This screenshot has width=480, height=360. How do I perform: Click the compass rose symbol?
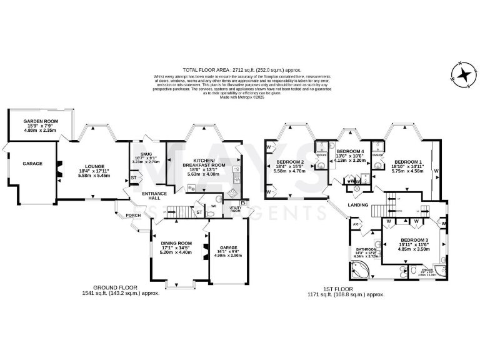click(x=464, y=75)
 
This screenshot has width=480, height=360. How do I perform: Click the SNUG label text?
click(x=146, y=153)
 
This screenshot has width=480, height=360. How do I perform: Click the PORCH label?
click(x=133, y=216)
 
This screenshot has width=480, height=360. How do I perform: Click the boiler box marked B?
click(x=241, y=202)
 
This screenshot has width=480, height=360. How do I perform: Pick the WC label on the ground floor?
click(x=213, y=204)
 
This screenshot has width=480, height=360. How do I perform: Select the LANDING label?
click(x=358, y=205)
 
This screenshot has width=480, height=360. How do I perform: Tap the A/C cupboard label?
click(x=356, y=224)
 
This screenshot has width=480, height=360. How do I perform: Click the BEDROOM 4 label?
click(x=350, y=152)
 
